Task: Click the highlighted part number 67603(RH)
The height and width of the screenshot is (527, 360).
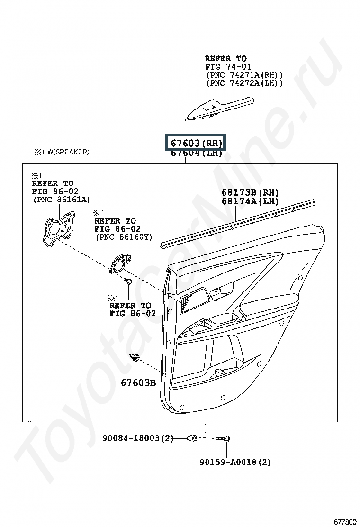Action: coord(196,143)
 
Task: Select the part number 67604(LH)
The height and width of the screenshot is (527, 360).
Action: coord(196,153)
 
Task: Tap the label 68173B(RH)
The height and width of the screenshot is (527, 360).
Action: coord(250,192)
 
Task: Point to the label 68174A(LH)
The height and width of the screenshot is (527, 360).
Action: coord(250,201)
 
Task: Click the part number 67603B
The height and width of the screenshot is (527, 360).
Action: coord(138,382)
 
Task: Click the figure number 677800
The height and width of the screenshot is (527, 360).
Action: coord(345,522)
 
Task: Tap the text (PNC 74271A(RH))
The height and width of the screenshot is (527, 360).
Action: coord(244,75)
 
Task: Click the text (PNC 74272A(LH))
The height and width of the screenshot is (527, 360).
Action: coord(244,83)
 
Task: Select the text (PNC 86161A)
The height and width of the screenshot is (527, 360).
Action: coord(61,200)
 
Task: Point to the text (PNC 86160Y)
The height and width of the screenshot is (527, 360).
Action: coord(124,236)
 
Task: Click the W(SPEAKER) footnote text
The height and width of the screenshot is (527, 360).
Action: coord(62,152)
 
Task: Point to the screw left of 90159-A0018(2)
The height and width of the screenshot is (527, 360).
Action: coord(225,439)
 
